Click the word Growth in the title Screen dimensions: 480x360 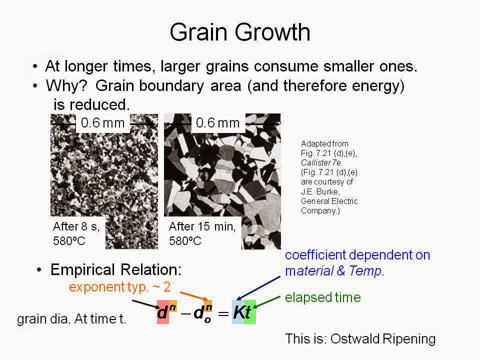click(272, 32)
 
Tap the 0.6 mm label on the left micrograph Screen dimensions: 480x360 click(103, 123)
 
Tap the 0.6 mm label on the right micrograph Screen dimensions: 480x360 click(217, 123)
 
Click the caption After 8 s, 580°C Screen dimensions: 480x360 click(76, 233)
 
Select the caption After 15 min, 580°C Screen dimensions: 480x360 click(202, 233)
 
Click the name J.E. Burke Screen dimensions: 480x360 click(320, 191)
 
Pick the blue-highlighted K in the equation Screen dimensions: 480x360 click(238, 312)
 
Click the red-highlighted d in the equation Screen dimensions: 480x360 click(162, 313)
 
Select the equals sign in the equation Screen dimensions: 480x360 click(223, 313)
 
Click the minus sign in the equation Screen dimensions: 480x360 click(186, 313)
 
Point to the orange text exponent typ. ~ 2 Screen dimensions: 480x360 click(119, 287)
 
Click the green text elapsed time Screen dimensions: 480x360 click(322, 297)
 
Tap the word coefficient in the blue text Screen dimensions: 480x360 click(315, 255)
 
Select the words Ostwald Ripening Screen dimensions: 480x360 click(383, 339)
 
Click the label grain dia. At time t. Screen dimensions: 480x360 click(71, 319)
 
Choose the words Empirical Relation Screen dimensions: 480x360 click(115, 269)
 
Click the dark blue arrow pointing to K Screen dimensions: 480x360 click(258, 288)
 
